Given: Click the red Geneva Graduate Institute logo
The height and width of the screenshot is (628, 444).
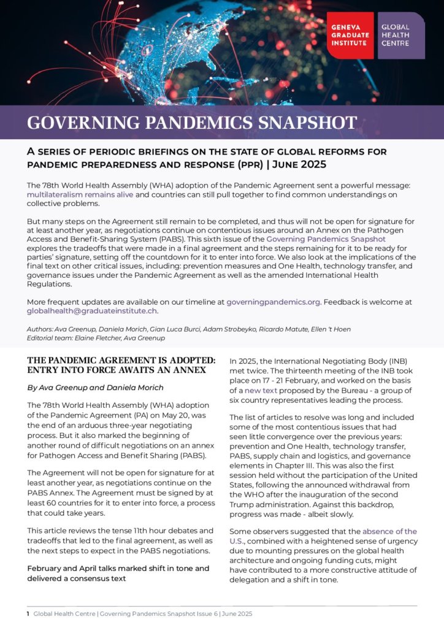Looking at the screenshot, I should tap(350, 36).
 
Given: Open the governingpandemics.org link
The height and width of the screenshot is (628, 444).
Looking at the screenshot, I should tap(273, 302).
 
